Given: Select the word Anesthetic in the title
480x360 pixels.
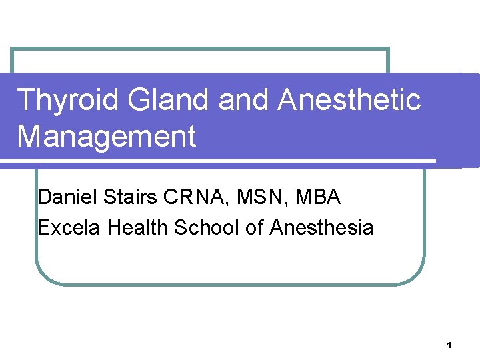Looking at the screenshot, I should (349, 101).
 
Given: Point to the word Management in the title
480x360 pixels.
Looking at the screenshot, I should (107, 137).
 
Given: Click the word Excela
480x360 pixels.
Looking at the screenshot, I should (69, 228).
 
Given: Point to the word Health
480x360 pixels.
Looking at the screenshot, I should (138, 228).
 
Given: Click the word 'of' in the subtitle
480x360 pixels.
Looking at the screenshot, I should (255, 228).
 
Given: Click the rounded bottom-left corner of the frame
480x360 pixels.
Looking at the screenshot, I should (45, 275).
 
